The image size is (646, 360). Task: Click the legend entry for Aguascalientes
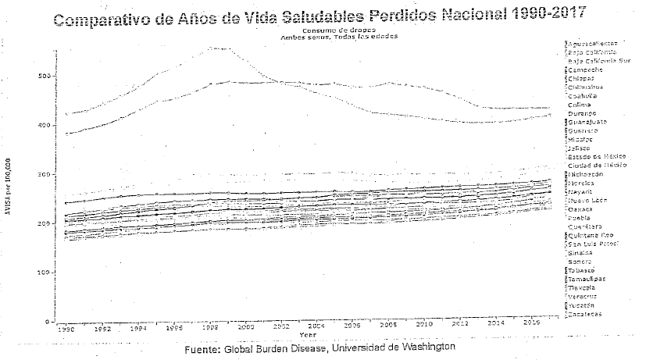click(x=593, y=43)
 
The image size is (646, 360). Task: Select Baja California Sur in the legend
click(x=598, y=61)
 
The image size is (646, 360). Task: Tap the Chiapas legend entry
click(x=583, y=78)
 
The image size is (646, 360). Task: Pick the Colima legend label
click(x=580, y=105)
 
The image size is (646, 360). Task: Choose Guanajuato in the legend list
click(x=587, y=122)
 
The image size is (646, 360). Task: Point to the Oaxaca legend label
click(x=581, y=209)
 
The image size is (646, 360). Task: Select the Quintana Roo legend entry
click(x=589, y=235)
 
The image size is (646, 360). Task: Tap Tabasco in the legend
click(x=583, y=270)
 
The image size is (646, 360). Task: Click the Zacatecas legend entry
click(x=585, y=314)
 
